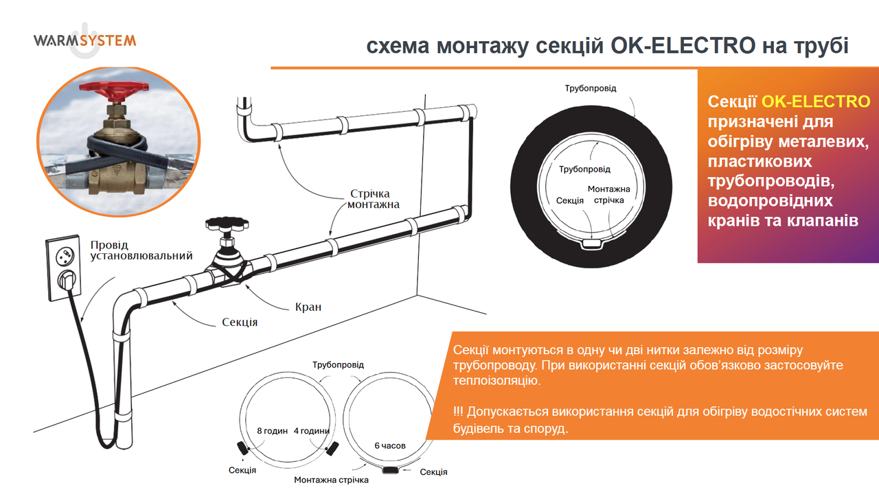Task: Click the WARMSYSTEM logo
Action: coord(84,40)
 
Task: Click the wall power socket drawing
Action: coord(65,268)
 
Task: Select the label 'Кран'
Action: coord(308,307)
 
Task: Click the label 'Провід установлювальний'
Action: coord(141,250)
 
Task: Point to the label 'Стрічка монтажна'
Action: coord(373,199)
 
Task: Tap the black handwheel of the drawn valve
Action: coord(227,224)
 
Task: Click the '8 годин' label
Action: coord(273,431)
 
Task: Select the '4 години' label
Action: coord(312,431)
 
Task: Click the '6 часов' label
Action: coord(389,446)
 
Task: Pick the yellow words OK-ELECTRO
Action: coord(816,102)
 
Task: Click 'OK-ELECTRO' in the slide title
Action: coord(683,45)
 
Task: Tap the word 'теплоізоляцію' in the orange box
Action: coord(496,381)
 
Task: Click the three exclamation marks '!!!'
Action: coord(458,412)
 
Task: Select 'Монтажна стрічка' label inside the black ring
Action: coord(608,194)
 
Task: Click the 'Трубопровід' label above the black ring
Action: coord(591,89)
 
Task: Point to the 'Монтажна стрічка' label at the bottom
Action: coord(331,480)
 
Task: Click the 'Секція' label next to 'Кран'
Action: coord(240,323)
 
